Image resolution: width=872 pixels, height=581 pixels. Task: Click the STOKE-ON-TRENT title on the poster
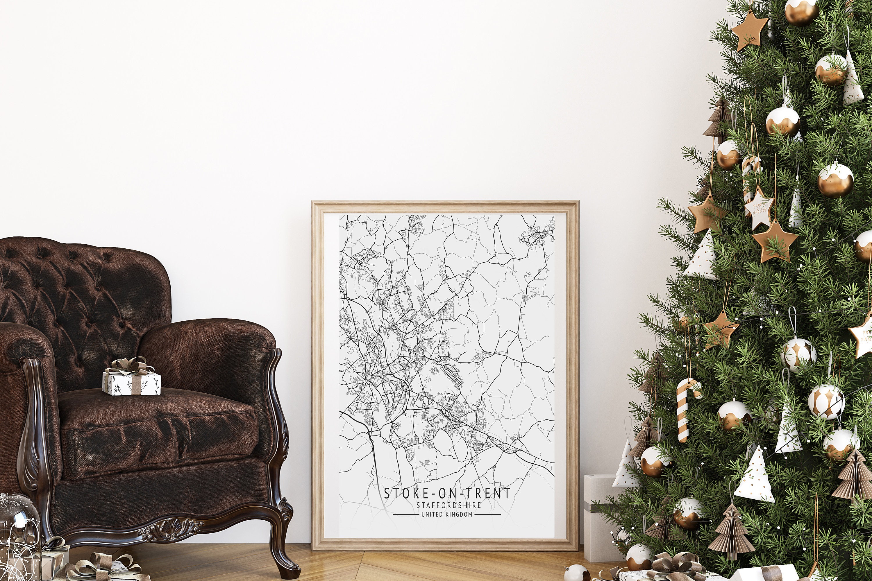447,494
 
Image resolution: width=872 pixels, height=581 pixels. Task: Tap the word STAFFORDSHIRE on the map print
448,505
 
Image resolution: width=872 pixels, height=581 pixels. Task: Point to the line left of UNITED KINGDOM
405,515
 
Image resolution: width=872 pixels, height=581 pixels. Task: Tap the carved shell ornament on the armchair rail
172,531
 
